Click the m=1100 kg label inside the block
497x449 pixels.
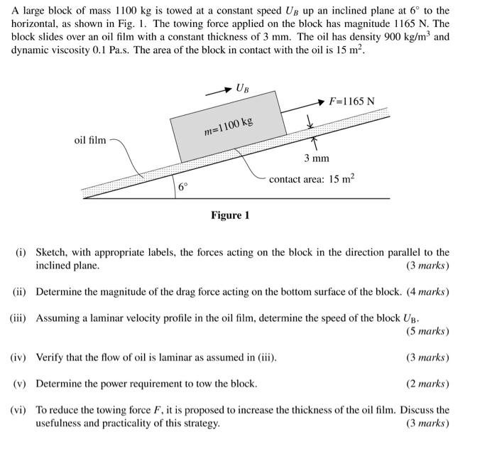click(x=228, y=127)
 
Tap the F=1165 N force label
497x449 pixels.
click(x=352, y=101)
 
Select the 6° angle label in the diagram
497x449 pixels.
click(x=183, y=188)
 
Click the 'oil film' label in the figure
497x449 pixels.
click(x=90, y=140)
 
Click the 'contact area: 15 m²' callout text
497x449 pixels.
click(x=312, y=179)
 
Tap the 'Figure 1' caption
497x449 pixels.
click(x=229, y=215)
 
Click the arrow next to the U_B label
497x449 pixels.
click(x=217, y=92)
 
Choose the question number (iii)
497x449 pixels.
click(x=18, y=318)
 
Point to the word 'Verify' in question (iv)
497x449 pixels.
click(x=50, y=357)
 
